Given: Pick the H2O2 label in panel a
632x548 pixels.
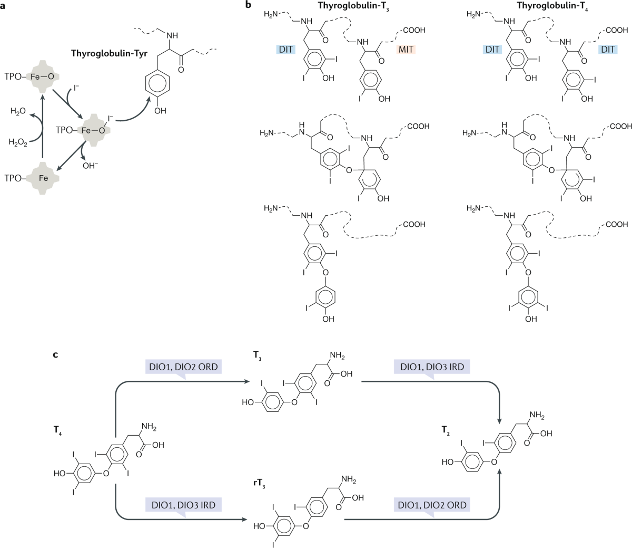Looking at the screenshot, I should pyautogui.click(x=18, y=142).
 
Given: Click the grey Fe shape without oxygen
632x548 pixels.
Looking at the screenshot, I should pyautogui.click(x=44, y=178).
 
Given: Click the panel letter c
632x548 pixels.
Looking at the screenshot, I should pyautogui.click(x=55, y=354).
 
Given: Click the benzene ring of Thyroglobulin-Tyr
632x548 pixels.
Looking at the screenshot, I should pyautogui.click(x=157, y=85).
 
